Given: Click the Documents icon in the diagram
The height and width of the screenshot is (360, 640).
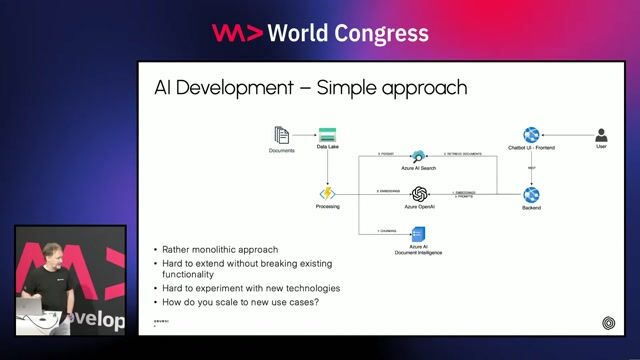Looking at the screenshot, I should coord(281,135).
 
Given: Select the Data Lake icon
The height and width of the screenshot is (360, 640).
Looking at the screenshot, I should coord(327,134).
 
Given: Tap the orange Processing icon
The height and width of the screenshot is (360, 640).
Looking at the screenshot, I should coord(327,192).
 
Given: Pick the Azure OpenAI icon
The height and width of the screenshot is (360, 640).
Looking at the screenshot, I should coord(420,193).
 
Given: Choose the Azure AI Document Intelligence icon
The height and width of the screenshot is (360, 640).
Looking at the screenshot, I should coord(420,232).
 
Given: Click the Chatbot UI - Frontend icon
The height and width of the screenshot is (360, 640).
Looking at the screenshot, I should coord(531,135).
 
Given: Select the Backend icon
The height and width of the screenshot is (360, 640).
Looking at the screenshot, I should coord(531,194).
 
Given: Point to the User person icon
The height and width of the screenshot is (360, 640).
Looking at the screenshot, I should coord(601,135).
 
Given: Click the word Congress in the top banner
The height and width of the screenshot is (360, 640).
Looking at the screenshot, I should coord(385,33).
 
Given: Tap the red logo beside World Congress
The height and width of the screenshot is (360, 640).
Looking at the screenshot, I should coord(238,33).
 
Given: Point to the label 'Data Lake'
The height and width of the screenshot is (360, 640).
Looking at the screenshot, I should coord(327,147).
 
